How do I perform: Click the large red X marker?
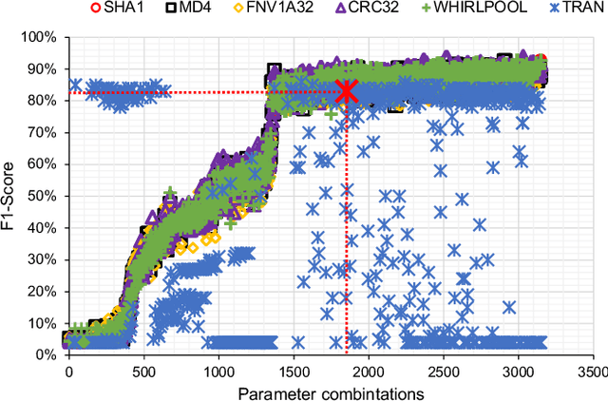tap(346, 91)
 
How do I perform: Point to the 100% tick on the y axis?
tap(42, 37)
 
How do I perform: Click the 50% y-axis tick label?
tap(45, 196)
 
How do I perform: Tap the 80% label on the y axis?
tap(45, 101)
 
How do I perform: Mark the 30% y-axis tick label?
tap(45, 259)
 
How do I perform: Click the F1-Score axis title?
tap(12, 195)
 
